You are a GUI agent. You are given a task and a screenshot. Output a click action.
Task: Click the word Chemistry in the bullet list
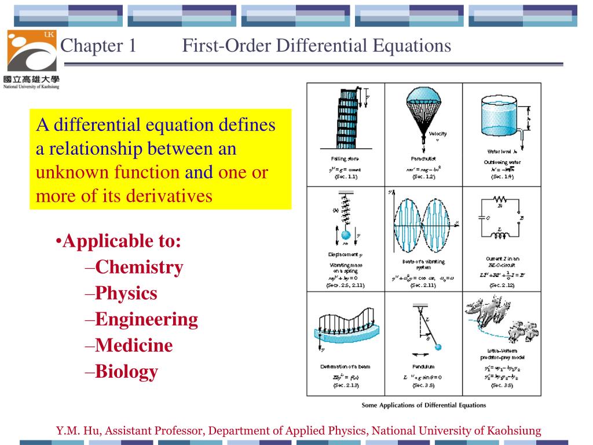139,267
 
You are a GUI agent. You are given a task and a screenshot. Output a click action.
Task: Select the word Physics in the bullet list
126,293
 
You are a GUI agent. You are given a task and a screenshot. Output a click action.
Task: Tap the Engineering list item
147,319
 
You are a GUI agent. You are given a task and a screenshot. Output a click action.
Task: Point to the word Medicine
134,345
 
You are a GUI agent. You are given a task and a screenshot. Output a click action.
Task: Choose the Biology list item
126,371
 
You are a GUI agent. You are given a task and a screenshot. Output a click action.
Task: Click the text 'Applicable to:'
122,241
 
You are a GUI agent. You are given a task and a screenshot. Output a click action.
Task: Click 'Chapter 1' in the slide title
98,45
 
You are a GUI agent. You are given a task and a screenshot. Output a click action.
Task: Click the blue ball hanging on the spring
345,235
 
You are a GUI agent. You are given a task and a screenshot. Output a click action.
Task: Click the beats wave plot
424,223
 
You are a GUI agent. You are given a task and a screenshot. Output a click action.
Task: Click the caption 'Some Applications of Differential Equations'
423,405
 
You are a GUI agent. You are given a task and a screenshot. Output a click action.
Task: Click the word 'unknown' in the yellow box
63,173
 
